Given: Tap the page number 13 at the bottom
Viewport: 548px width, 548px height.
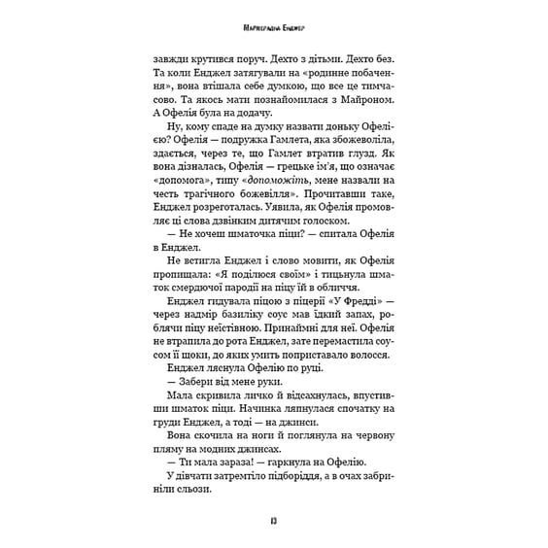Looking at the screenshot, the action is (274, 524).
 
